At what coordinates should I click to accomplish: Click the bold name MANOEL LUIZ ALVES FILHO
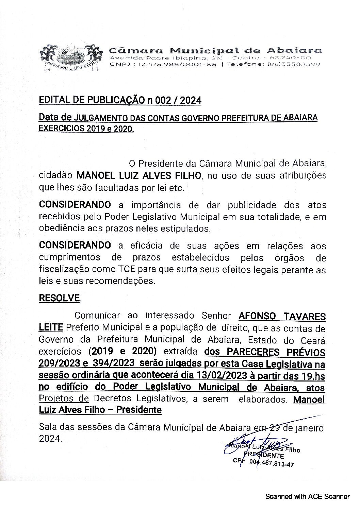click(139, 176)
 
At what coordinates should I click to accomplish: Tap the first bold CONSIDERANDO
click(75, 205)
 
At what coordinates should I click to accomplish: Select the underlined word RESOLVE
click(60, 298)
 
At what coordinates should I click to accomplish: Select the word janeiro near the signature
click(308, 427)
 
